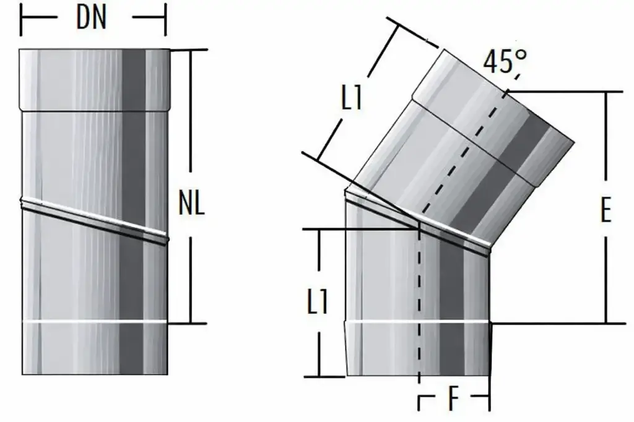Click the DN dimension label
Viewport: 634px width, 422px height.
coord(92,18)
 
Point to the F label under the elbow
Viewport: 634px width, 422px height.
coord(454,402)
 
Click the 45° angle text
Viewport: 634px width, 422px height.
coord(505,62)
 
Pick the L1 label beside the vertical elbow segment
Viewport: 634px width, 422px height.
coord(317,303)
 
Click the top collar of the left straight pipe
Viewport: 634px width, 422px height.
coord(94,80)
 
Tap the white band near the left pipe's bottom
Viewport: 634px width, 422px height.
coord(94,322)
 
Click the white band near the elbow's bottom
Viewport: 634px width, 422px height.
coord(418,323)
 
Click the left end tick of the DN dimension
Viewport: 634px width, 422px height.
coord(22,19)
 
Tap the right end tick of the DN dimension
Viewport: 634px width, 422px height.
coord(165,19)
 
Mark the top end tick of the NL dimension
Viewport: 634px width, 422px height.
coord(189,51)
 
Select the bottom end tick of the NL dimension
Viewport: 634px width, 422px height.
coord(189,323)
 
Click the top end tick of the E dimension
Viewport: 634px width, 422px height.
coord(606,92)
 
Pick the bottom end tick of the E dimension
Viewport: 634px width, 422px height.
coord(606,323)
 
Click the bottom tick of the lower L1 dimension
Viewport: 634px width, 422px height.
coord(319,376)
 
